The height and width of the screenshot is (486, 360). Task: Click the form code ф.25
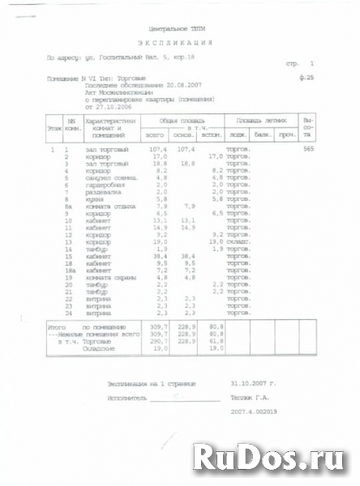point(306,77)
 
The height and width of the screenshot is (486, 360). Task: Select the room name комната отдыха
point(107,207)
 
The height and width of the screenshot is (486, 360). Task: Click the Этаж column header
point(53,128)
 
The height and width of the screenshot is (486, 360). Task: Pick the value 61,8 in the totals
point(216,341)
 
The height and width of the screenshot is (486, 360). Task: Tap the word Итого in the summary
point(57,326)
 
